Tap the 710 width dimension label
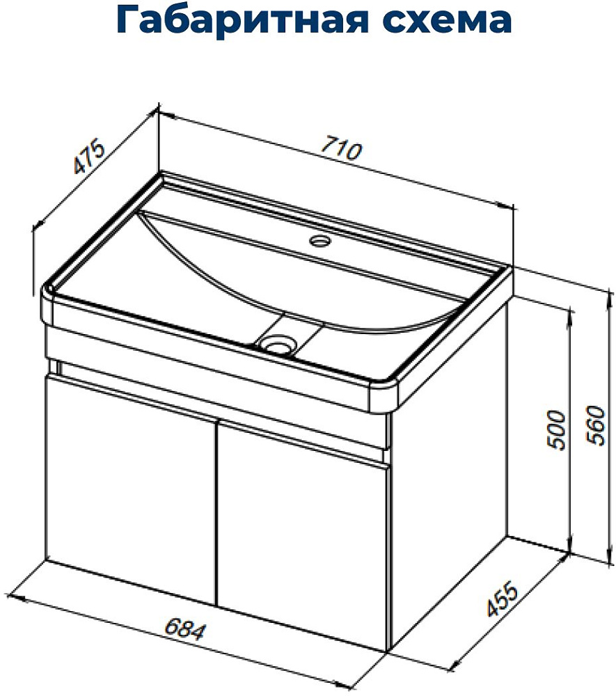341,148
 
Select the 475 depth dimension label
89,157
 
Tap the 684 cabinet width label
186,631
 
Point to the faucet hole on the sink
320,241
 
